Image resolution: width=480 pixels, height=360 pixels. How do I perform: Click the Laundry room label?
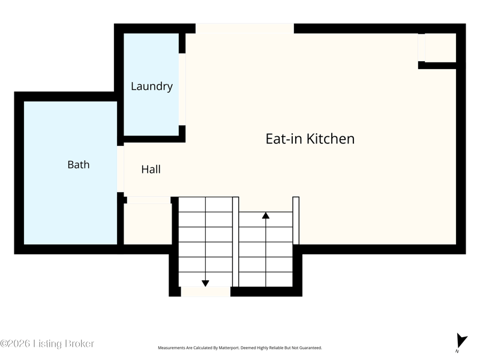pyautogui.click(x=152, y=86)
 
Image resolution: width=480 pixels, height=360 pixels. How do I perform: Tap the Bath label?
pyautogui.click(x=79, y=164)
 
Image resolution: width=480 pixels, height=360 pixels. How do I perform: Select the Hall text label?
pyautogui.click(x=151, y=169)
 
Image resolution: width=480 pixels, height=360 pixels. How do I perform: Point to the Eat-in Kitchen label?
pyautogui.click(x=310, y=139)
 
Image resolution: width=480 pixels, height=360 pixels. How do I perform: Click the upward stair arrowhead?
pyautogui.click(x=266, y=215)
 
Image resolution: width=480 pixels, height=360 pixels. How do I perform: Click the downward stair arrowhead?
pyautogui.click(x=205, y=283)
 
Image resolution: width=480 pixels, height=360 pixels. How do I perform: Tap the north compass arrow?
pyautogui.click(x=461, y=341)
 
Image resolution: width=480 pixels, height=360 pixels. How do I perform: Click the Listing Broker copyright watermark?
pyautogui.click(x=47, y=343)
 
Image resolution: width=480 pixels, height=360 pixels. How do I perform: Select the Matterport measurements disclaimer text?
pyautogui.click(x=239, y=348)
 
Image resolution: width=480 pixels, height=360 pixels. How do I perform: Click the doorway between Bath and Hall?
pyautogui.click(x=121, y=169)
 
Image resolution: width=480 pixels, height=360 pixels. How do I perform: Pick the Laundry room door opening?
pyautogui.click(x=182, y=89)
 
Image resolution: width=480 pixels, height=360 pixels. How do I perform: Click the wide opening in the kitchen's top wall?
pyautogui.click(x=245, y=28)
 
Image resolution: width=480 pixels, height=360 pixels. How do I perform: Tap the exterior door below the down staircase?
pyautogui.click(x=205, y=292)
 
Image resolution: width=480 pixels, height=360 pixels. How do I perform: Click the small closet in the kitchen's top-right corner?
pyautogui.click(x=440, y=47)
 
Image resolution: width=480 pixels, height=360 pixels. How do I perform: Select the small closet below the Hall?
pyautogui.click(x=148, y=224)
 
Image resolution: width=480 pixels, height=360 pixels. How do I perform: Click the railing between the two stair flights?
pyautogui.click(x=236, y=242)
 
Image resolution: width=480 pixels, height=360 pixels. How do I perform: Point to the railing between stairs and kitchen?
pyautogui.click(x=296, y=221)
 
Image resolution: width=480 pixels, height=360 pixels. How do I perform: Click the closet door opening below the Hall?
pyautogui.click(x=149, y=200)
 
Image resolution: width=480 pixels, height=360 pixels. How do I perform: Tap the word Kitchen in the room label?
pyautogui.click(x=331, y=139)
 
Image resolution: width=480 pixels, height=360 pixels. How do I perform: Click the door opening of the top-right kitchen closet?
pyautogui.click(x=422, y=47)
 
